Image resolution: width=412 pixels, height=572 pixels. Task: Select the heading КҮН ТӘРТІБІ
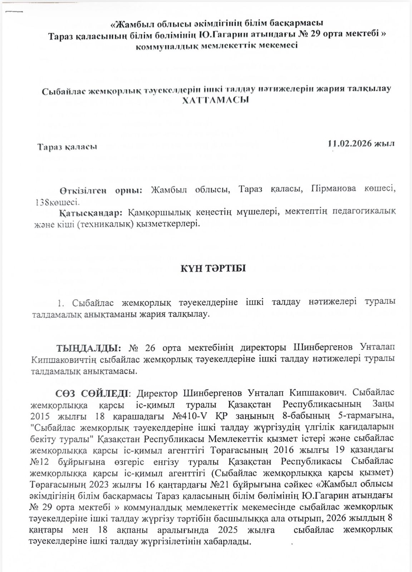214,268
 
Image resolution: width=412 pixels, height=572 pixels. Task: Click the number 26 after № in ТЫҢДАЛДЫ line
151,348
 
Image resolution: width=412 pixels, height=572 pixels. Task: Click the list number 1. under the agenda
60,303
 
